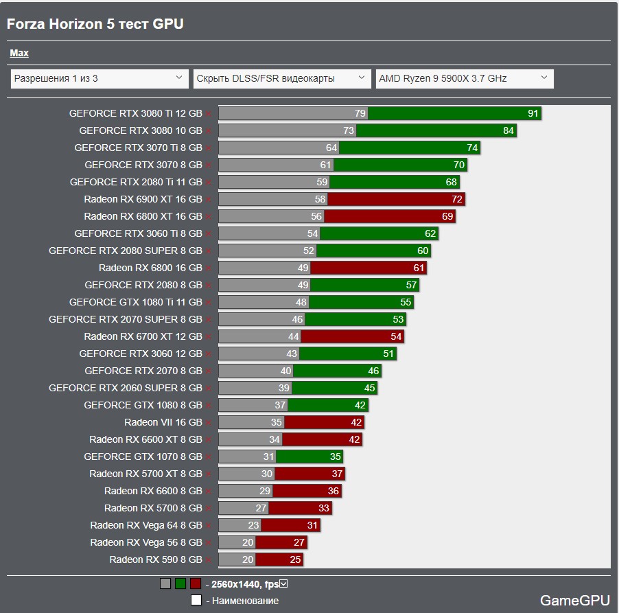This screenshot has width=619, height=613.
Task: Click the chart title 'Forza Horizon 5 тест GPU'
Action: pyautogui.click(x=95, y=24)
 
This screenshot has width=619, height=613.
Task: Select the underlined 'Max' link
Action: pyautogui.click(x=19, y=53)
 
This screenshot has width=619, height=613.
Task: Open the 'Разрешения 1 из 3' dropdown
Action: pyautogui.click(x=100, y=78)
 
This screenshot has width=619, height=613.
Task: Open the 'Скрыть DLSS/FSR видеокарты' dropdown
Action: pyautogui.click(x=282, y=78)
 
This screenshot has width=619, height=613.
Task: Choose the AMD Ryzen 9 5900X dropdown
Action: pyautogui.click(x=464, y=78)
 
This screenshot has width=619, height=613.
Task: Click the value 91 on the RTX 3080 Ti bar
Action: pyautogui.click(x=533, y=113)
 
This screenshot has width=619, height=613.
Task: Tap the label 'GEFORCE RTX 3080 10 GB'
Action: pyautogui.click(x=141, y=130)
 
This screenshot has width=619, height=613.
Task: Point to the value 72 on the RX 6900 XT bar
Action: pyautogui.click(x=457, y=199)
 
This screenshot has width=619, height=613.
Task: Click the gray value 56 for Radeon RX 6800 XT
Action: pyautogui.click(x=316, y=216)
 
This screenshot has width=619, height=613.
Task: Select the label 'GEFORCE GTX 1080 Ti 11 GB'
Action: pyautogui.click(x=136, y=302)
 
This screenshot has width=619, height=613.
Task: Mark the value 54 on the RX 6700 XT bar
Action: pyautogui.click(x=396, y=336)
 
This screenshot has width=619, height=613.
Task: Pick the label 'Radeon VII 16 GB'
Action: pyautogui.click(x=163, y=422)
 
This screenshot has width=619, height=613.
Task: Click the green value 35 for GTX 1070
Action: pyautogui.click(x=335, y=456)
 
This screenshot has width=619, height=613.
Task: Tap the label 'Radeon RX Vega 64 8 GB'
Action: pyautogui.click(x=146, y=525)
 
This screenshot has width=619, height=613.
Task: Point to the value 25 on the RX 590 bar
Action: pyautogui.click(x=295, y=559)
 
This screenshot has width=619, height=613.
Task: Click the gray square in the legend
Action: pyautogui.click(x=165, y=584)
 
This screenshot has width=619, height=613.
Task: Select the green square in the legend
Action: pyautogui.click(x=180, y=584)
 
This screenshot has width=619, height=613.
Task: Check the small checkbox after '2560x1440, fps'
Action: pyautogui.click(x=283, y=584)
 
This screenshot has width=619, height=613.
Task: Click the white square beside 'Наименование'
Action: pyautogui.click(x=196, y=601)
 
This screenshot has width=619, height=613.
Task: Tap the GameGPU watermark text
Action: pyautogui.click(x=574, y=601)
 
